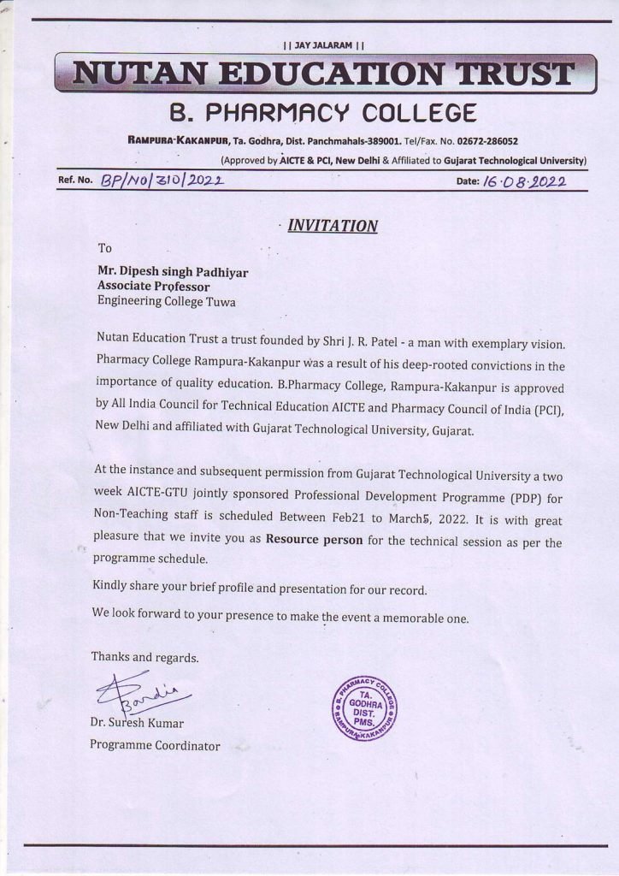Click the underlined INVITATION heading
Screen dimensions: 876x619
click(332, 226)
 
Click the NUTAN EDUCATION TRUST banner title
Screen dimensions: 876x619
click(325, 74)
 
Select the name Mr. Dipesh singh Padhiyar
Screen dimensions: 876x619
click(173, 272)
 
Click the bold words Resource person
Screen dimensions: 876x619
click(314, 540)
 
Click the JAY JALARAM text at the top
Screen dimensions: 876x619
click(324, 44)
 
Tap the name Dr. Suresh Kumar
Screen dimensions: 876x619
click(137, 724)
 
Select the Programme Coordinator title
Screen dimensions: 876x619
click(155, 745)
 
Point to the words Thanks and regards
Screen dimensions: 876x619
click(144, 658)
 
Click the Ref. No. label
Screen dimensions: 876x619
click(74, 181)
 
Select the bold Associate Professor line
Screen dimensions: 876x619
click(153, 287)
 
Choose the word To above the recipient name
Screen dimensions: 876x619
click(105, 249)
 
